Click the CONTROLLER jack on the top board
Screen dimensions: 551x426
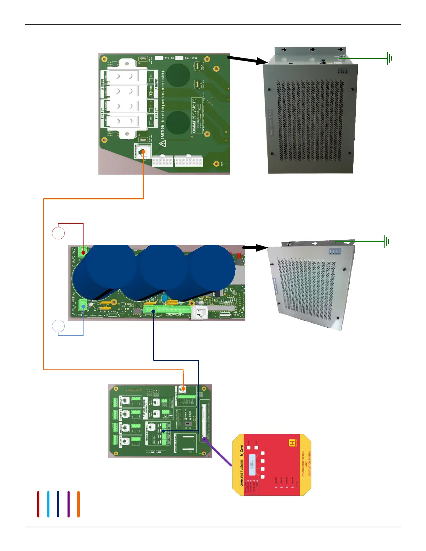[143, 152]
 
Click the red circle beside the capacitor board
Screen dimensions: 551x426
[58, 233]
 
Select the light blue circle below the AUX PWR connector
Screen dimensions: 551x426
[58, 326]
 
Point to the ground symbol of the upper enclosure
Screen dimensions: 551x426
[389, 58]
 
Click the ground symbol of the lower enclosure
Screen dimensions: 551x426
[386, 241]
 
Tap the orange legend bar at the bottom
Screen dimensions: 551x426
[79, 504]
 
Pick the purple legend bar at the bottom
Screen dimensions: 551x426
[69, 504]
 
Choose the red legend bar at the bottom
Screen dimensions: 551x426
[38, 504]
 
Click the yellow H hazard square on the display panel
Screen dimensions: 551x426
[292, 443]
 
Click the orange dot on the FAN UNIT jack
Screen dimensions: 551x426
[183, 389]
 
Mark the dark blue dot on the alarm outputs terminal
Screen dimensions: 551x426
[164, 431]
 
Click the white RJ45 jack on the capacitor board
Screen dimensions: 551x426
[199, 312]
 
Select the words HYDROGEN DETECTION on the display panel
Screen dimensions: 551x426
[303, 464]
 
